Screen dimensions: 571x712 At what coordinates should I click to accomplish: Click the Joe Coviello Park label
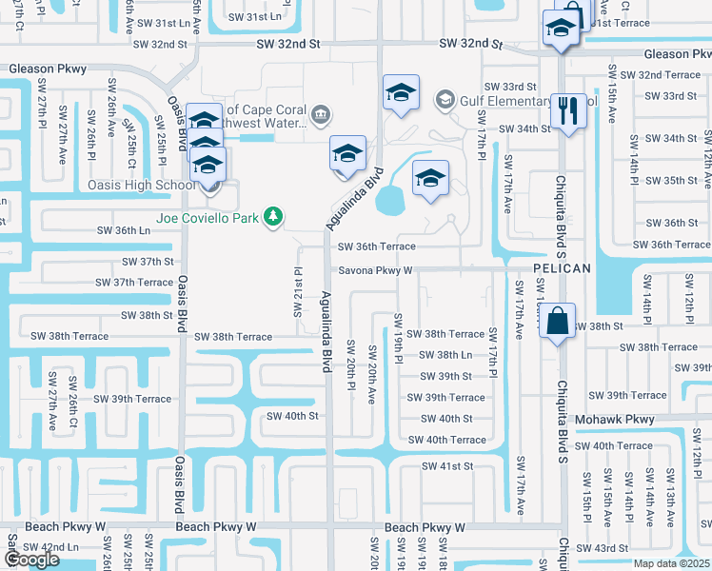(195, 217)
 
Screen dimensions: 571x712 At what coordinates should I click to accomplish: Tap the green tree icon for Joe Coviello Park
(274, 218)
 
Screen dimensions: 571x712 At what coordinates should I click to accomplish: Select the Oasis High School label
(141, 185)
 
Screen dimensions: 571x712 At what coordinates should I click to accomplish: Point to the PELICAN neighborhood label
(563, 269)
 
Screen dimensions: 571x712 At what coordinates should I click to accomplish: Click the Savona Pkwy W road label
(375, 269)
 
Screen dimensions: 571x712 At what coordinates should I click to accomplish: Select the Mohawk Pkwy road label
(616, 419)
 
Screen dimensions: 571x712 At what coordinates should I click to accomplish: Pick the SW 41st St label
(447, 466)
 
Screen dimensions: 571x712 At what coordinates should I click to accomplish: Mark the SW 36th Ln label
(125, 230)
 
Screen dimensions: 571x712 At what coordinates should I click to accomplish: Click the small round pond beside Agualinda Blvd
(389, 200)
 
